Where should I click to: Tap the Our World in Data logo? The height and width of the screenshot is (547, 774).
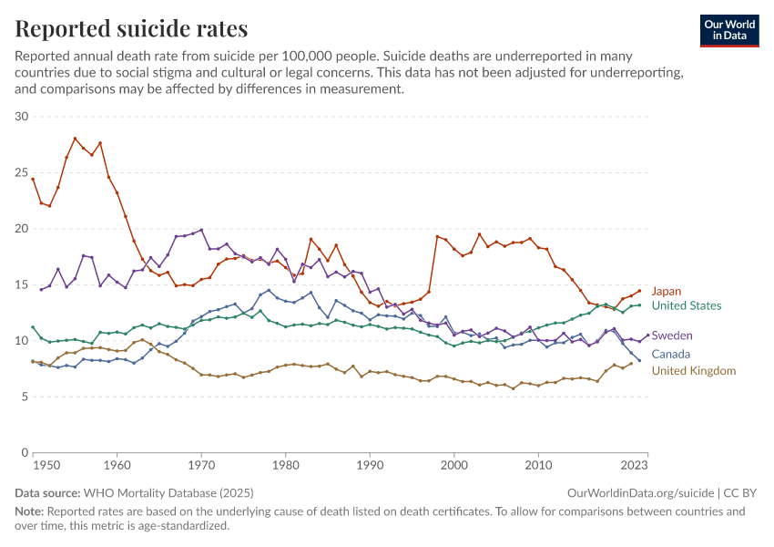[x=729, y=30]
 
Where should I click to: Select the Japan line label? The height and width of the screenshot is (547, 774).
[x=666, y=291]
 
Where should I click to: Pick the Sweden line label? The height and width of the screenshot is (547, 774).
[x=673, y=335]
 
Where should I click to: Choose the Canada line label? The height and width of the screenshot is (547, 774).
[x=671, y=354]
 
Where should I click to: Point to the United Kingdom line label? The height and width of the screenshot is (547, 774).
[x=694, y=370]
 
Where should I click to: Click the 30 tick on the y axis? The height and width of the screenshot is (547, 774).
[x=23, y=117]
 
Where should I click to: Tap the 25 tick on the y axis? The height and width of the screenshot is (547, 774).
[x=23, y=172]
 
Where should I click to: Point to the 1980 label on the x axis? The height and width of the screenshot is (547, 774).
[x=286, y=466]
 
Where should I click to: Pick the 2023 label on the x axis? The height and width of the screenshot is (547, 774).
[x=635, y=466]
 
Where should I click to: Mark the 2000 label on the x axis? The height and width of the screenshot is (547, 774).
[x=454, y=466]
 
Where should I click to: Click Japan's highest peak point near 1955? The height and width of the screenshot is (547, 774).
[x=75, y=139]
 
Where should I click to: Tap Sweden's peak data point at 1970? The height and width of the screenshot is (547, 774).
[x=201, y=231]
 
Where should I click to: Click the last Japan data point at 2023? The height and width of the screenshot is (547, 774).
[x=639, y=291]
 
